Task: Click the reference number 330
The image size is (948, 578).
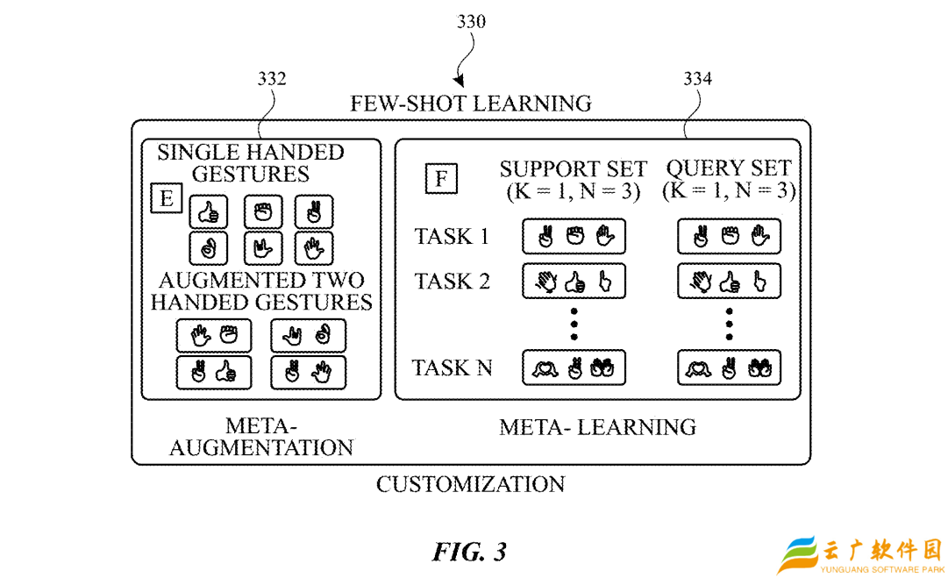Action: (471, 22)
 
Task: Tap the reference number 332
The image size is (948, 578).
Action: (272, 79)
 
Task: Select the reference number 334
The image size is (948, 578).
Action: (698, 79)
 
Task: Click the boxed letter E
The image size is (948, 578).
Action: (167, 199)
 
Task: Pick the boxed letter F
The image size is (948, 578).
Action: (441, 179)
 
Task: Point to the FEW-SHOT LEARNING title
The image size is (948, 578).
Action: (471, 103)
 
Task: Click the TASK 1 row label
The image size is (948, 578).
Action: (452, 237)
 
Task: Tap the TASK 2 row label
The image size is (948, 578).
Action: (452, 282)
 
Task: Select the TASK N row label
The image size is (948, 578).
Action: (453, 367)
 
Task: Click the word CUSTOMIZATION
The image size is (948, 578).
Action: (471, 483)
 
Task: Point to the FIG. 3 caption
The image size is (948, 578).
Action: (470, 552)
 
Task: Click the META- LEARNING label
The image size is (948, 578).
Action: (597, 427)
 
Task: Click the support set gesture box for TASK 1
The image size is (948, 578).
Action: (574, 237)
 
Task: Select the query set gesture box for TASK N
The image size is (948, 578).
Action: (730, 367)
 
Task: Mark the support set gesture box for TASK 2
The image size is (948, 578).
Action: (574, 282)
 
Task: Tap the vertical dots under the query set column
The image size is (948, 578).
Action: (730, 324)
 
